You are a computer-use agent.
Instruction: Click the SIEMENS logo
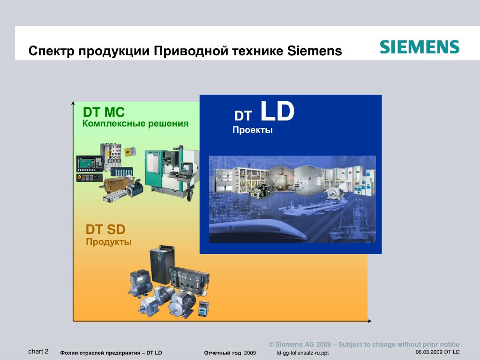[420, 47]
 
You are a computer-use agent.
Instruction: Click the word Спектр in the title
[52, 51]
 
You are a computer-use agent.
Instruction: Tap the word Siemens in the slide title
[315, 51]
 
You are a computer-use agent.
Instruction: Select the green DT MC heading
[104, 112]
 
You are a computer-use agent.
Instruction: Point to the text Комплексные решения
[135, 124]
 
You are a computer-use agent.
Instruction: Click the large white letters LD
[277, 111]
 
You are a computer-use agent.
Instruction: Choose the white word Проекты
[253, 130]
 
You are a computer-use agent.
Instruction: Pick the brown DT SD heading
[105, 229]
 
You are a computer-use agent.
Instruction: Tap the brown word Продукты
[109, 242]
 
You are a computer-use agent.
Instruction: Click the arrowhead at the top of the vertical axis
[73, 103]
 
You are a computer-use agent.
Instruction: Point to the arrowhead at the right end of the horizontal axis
[369, 321]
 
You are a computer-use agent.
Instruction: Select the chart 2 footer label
[38, 351]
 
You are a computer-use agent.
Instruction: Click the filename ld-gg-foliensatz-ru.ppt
[303, 352]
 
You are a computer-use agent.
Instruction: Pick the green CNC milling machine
[172, 172]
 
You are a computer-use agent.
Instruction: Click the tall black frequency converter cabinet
[162, 264]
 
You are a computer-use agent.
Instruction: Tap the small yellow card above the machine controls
[130, 151]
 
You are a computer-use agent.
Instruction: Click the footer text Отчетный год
[222, 352]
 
